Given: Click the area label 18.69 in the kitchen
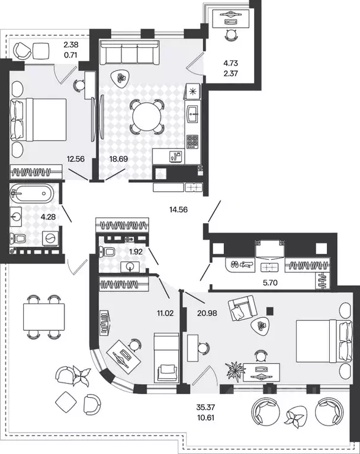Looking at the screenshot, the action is coord(118,159).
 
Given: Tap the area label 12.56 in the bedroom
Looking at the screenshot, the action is coord(76,159).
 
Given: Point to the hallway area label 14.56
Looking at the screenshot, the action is coord(178,209).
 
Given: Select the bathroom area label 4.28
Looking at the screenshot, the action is coord(48,217).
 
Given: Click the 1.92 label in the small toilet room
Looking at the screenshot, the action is coord(136,252).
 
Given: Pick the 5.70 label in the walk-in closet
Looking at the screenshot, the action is coord(270,282).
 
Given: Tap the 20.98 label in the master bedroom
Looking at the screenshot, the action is coord(207,313).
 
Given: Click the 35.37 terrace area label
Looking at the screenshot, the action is coord(205,407).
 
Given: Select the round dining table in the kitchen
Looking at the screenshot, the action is coord(147,117).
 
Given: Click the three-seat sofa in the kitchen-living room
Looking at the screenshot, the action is coord(130,53).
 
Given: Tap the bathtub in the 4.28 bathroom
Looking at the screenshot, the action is coord(32,193).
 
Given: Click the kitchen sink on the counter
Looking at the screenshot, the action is coord(193,114).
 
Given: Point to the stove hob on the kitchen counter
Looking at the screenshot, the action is coord(192,141).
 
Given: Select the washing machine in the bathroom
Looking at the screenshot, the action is coord(50,239).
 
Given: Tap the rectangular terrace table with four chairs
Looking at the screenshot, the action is coord(44,317).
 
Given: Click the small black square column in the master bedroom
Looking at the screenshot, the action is coord(270,311).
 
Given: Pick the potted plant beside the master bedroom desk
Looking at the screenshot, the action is coord(236,370).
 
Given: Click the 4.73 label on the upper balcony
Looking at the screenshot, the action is coord(230,63).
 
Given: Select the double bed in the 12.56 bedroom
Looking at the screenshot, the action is coord(38,120).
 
